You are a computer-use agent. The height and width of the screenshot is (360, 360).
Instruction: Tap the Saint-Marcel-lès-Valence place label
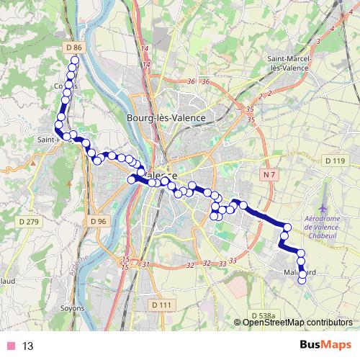pyautogui.click(x=287, y=63)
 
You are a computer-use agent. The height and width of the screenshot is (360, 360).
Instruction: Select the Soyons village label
pyautogui.click(x=72, y=307)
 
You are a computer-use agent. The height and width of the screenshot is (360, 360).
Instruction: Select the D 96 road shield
pyautogui.click(x=99, y=220)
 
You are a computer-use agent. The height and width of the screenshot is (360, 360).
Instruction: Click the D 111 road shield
pyautogui.click(x=161, y=305)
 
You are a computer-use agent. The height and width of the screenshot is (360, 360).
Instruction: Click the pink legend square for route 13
pyautogui.click(x=10, y=346)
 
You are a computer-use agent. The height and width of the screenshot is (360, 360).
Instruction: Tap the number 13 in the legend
pyautogui.click(x=28, y=346)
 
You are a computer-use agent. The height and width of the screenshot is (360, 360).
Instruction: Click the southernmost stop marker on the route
pyautogui.click(x=302, y=280)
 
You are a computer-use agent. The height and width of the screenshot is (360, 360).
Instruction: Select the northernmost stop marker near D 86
pyautogui.click(x=73, y=60)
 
